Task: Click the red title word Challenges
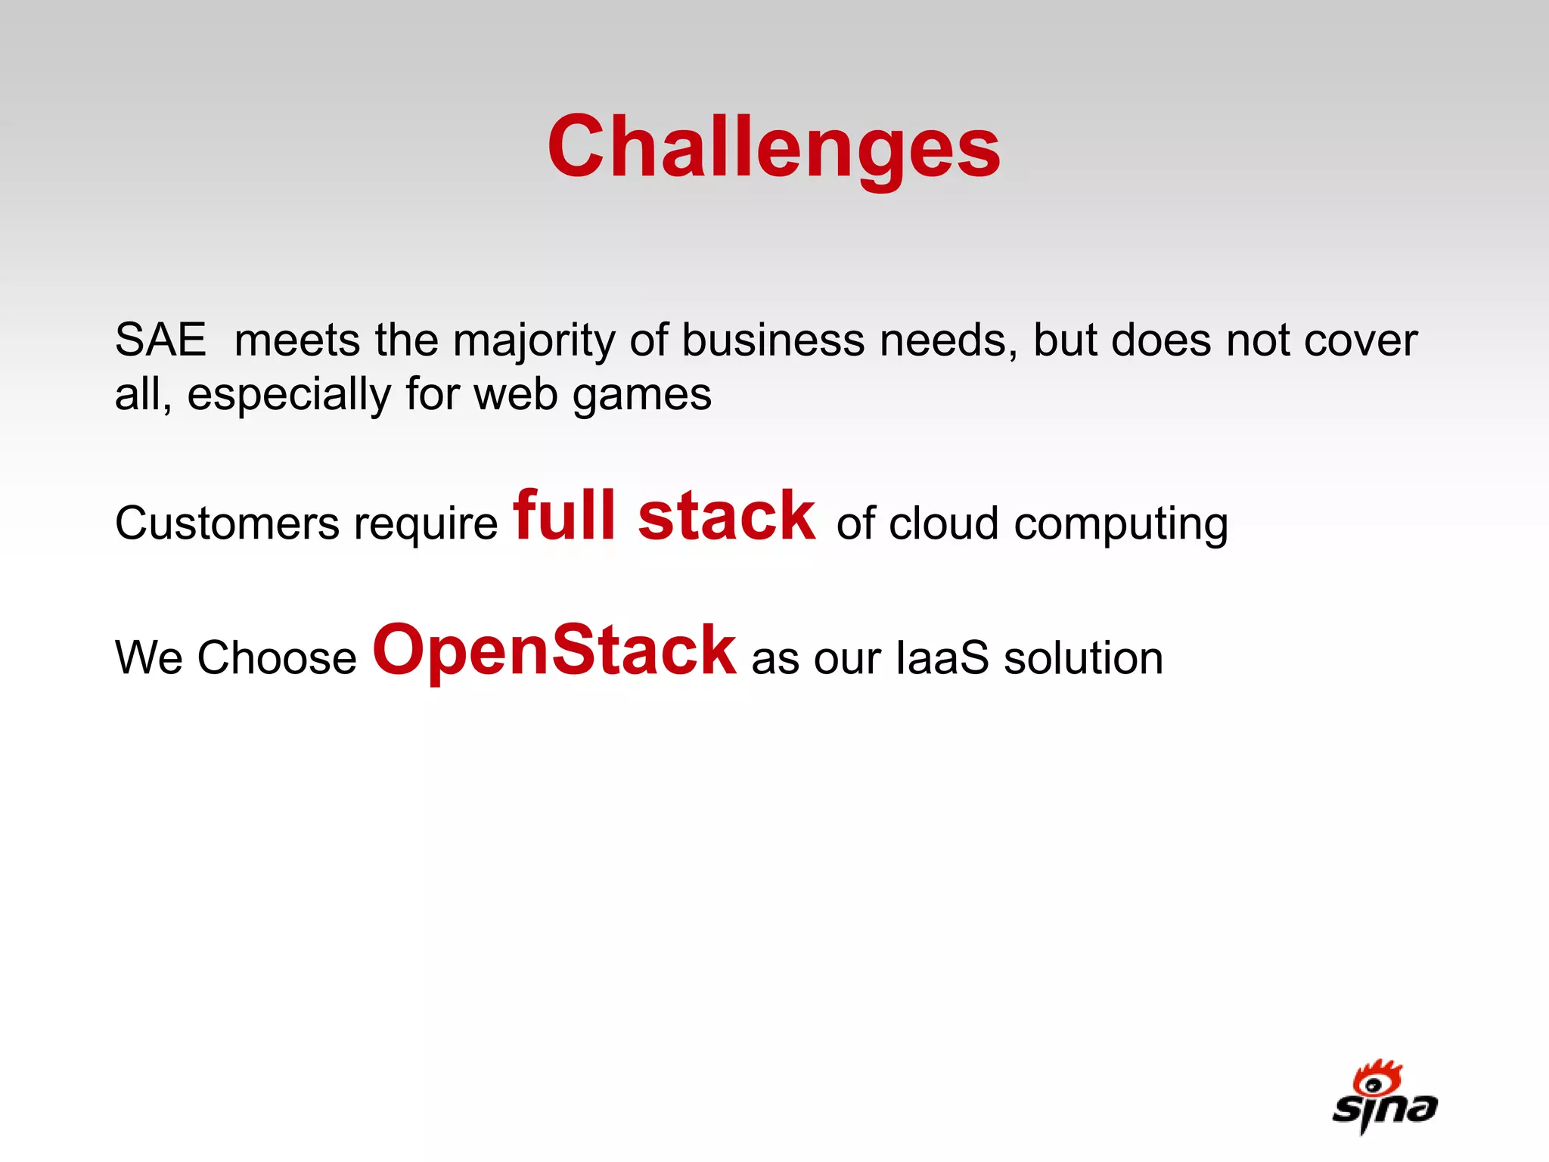click(774, 148)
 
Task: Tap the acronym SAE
click(160, 340)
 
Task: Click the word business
click(773, 340)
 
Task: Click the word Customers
click(228, 524)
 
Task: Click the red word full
click(564, 516)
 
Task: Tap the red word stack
click(727, 516)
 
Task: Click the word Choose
click(277, 657)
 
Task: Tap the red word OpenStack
click(554, 651)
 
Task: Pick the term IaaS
click(942, 657)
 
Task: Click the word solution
click(1083, 657)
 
